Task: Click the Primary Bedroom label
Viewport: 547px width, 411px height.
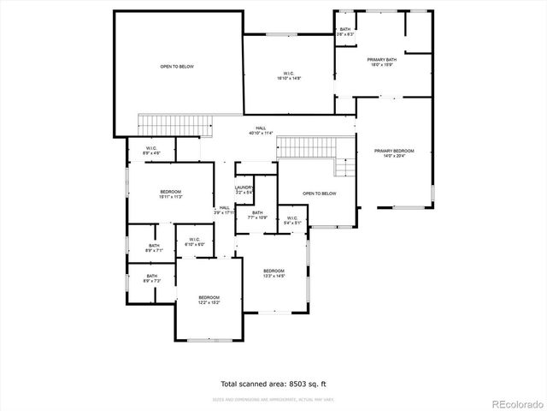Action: click(394, 153)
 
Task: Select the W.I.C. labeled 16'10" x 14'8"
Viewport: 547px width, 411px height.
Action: click(288, 75)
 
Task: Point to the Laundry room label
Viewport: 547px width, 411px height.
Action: click(244, 189)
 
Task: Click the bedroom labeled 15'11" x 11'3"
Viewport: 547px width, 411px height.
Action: click(171, 194)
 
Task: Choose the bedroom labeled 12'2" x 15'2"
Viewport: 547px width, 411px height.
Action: click(209, 300)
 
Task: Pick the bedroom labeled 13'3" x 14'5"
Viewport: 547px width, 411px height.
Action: click(273, 273)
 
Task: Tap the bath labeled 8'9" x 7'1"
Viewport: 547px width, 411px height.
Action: click(154, 248)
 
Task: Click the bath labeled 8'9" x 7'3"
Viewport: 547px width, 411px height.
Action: click(151, 278)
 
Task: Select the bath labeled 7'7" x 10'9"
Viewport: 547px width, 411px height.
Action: click(257, 215)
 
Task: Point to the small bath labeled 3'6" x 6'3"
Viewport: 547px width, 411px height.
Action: click(345, 32)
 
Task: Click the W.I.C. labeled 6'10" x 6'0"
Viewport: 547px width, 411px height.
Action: click(194, 242)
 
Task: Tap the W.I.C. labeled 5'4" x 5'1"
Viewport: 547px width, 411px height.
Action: click(291, 221)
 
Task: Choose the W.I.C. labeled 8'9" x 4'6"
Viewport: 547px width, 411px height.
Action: click(151, 151)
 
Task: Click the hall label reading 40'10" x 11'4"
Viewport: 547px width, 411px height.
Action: click(260, 130)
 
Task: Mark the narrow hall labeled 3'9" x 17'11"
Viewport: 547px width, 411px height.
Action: click(225, 209)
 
